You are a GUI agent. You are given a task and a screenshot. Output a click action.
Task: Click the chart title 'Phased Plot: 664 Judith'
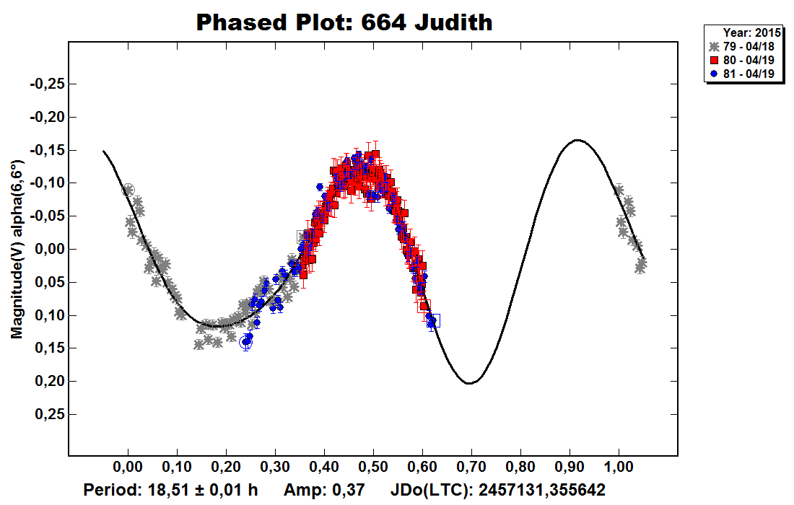pos(344,22)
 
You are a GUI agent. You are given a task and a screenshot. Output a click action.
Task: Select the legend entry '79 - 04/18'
pos(744,47)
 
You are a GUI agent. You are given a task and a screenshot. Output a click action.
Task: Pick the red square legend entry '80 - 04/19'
pos(744,61)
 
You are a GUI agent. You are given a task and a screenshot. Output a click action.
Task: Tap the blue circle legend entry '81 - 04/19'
pos(744,74)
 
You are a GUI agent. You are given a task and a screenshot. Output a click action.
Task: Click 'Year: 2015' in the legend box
pos(751,33)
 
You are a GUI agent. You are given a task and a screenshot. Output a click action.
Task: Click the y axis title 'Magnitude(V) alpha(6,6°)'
pos(15,249)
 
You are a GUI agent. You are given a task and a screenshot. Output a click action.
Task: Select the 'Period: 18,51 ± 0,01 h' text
pos(170,491)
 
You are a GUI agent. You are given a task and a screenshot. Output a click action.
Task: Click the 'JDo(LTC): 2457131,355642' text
pos(498,491)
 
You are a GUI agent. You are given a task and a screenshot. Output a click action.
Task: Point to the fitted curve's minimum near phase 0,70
pos(469,383)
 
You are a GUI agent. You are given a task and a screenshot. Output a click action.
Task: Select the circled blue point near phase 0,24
pos(246,342)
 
